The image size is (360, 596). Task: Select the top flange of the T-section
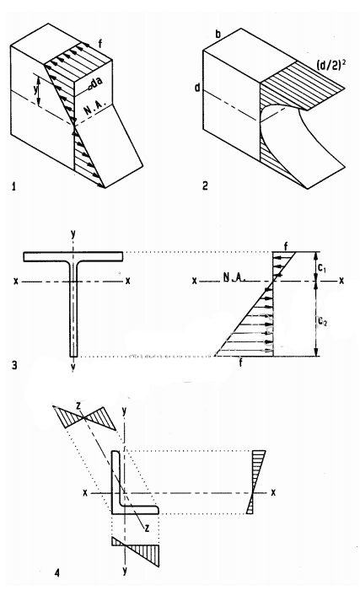(74, 255)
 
